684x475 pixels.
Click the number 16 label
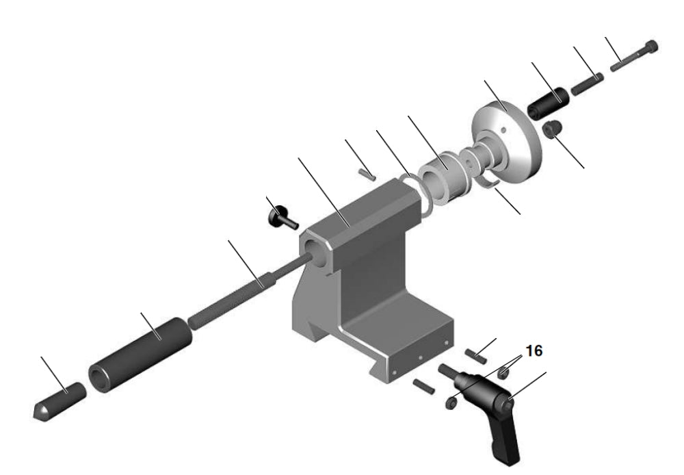534,350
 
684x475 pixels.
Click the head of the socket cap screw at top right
650,49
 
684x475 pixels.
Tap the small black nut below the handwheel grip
551,128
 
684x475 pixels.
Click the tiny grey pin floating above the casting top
369,174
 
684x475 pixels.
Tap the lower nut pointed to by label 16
451,403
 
